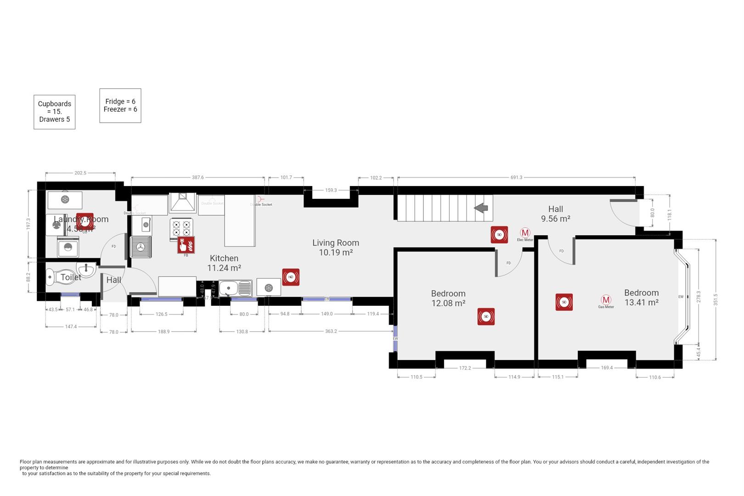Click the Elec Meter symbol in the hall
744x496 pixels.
pyautogui.click(x=525, y=233)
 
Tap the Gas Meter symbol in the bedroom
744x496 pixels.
pyautogui.click(x=606, y=300)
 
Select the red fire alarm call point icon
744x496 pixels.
pyautogui.click(x=186, y=245)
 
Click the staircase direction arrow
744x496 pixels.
pyautogui.click(x=481, y=208)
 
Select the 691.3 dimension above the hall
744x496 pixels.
pyautogui.click(x=516, y=177)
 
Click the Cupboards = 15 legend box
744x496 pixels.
pyautogui.click(x=55, y=112)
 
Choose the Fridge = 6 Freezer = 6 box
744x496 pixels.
pyautogui.click(x=120, y=106)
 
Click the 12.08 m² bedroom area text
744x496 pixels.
pyautogui.click(x=448, y=303)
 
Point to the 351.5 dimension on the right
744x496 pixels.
pyautogui.click(x=716, y=299)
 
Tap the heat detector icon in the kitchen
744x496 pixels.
pyautogui.click(x=291, y=277)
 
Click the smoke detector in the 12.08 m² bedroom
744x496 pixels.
pyautogui.click(x=486, y=316)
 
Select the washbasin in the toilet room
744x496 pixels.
pyautogui.click(x=86, y=269)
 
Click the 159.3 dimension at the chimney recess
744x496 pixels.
pyautogui.click(x=331, y=190)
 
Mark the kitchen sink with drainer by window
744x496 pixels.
pyautogui.click(x=235, y=288)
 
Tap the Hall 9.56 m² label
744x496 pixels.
pyautogui.click(x=555, y=214)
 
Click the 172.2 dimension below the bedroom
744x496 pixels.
pyautogui.click(x=465, y=368)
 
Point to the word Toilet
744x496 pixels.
pyautogui.click(x=71, y=277)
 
